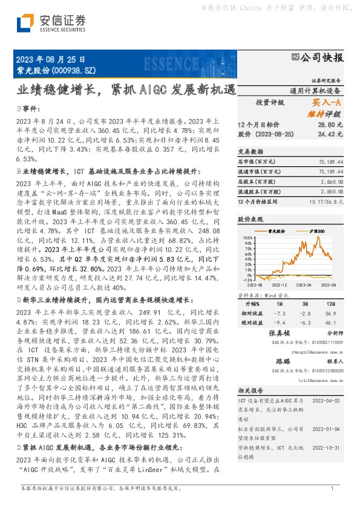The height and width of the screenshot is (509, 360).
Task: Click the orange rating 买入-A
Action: pyautogui.click(x=330, y=103)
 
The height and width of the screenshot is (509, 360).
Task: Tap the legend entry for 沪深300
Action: pyautogui.click(x=317, y=231)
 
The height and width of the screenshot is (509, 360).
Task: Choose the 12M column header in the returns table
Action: pyautogui.click(x=330, y=303)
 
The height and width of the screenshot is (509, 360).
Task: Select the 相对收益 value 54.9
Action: pyautogui.click(x=330, y=314)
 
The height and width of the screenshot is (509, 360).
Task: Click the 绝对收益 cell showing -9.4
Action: pyautogui.click(x=280, y=323)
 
